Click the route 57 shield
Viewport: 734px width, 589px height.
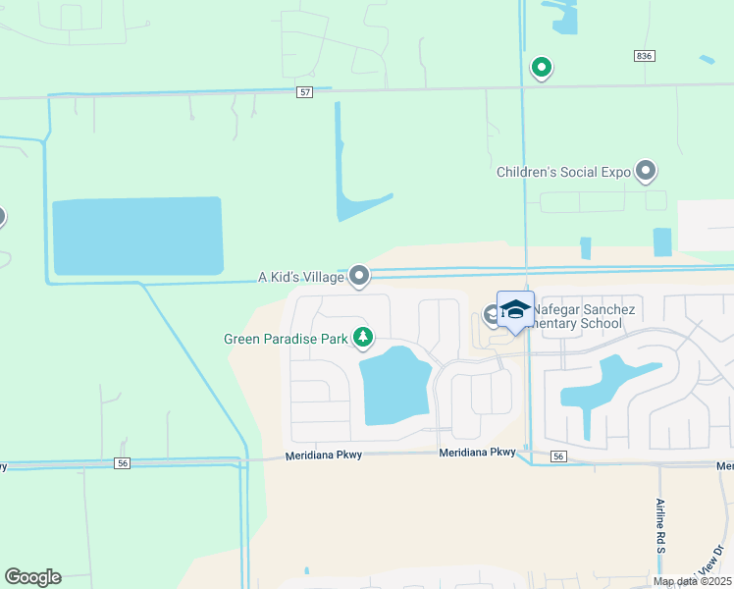(x=305, y=91)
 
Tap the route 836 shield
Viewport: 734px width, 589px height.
(x=644, y=57)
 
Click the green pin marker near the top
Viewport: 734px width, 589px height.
(x=541, y=68)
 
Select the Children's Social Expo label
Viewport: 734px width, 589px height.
(x=562, y=172)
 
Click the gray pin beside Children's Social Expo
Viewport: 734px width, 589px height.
(x=646, y=172)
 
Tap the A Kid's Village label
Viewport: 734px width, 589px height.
(x=300, y=277)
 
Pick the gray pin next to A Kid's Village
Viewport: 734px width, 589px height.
(x=360, y=277)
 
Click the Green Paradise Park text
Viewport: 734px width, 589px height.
(x=287, y=340)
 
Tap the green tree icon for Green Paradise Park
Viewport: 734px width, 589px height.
(x=364, y=339)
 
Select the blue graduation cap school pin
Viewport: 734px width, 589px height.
(x=515, y=310)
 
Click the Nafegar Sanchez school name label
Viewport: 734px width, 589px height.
(x=579, y=316)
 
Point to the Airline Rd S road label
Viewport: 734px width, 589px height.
(x=660, y=525)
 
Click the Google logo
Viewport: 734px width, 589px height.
(x=32, y=577)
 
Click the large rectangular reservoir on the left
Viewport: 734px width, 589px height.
(x=137, y=236)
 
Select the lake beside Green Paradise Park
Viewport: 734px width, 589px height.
(x=395, y=386)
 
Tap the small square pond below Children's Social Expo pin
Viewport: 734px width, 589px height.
(x=662, y=241)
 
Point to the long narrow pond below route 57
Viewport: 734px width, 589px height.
(x=341, y=157)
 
